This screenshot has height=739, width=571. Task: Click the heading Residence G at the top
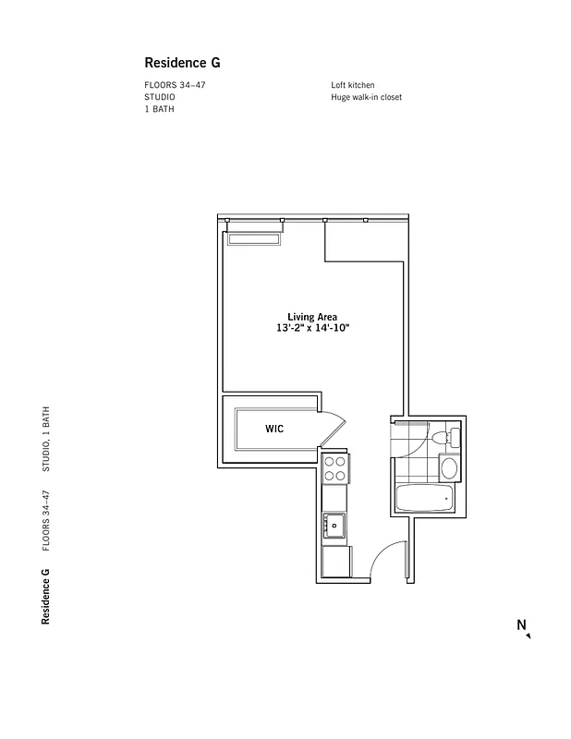coord(182,64)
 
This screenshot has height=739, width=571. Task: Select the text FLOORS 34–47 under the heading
coord(173,85)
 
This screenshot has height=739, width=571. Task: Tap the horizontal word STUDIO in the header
coord(159,97)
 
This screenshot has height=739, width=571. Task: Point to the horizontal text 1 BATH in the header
coord(159,109)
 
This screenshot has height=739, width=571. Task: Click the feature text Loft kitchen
coord(353,85)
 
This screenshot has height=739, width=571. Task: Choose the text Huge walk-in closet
coord(366,97)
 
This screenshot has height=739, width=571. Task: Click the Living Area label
coord(312,317)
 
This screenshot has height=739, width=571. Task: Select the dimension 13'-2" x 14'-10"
coord(312,329)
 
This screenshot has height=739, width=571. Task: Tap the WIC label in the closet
coord(274,429)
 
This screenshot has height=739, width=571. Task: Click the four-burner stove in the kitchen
coord(335,469)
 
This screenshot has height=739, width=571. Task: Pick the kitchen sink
coord(334,526)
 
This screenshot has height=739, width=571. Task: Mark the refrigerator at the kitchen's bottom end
coord(335,561)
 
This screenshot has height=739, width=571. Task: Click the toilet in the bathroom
coord(450,437)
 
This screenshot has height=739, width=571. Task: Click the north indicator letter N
coord(521,625)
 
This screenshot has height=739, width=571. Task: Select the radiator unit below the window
coord(254,239)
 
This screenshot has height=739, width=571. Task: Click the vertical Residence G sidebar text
coord(45,598)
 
